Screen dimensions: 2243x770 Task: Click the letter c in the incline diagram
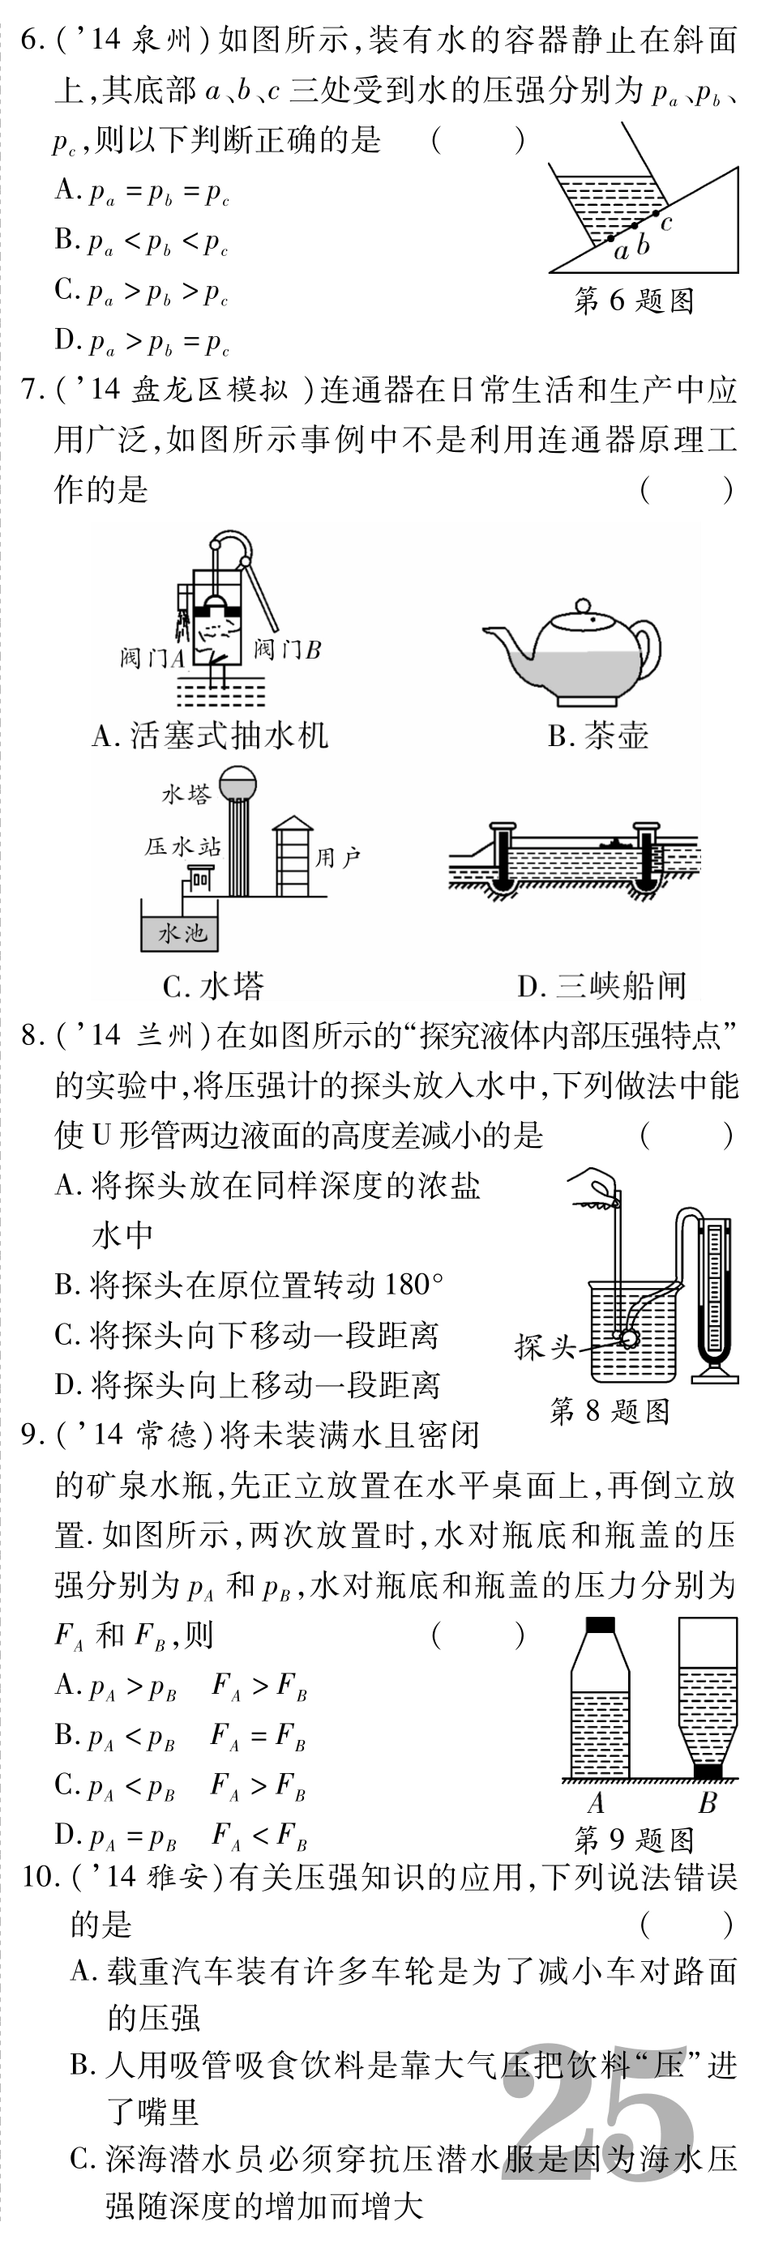tap(666, 224)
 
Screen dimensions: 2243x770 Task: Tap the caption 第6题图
tap(634, 301)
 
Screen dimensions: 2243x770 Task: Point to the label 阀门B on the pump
tap(289, 650)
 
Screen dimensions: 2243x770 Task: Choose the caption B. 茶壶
tap(598, 736)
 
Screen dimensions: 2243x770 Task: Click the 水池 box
tap(178, 933)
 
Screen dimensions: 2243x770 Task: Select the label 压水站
tap(182, 847)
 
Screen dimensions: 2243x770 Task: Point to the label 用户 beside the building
tap(338, 858)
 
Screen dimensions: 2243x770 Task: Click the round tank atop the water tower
tap(238, 782)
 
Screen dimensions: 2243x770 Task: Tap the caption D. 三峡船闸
tap(602, 986)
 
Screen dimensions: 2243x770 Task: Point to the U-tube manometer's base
tap(715, 1376)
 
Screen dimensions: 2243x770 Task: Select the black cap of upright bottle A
tap(600, 1624)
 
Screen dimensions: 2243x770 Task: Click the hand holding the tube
tap(594, 1188)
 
